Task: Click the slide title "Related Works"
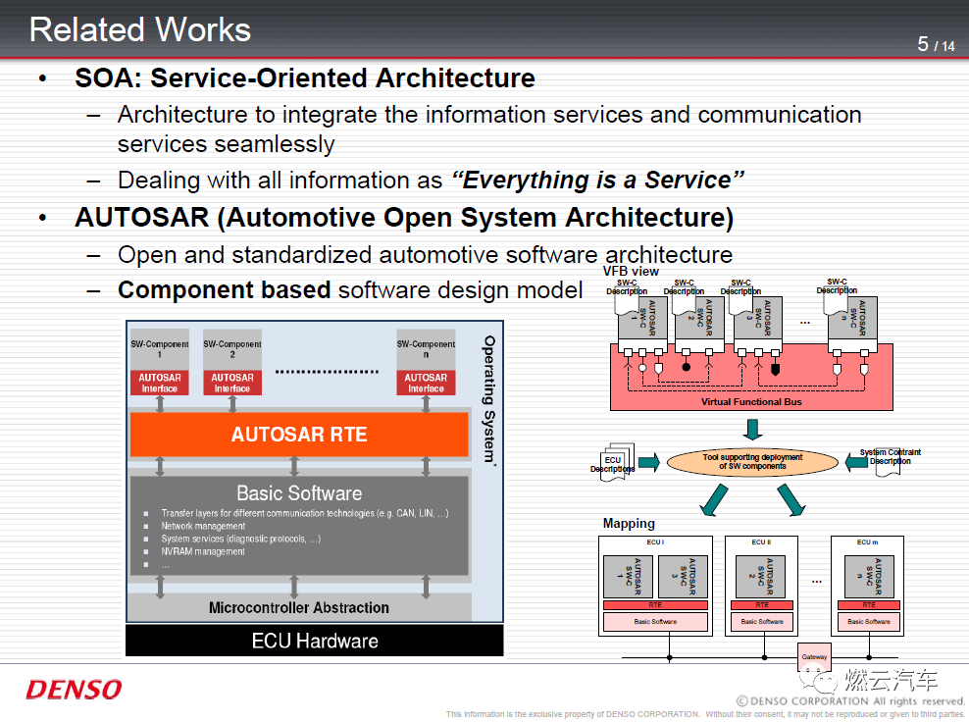pos(140,29)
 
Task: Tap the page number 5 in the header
pos(923,44)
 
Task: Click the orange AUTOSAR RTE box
pos(299,435)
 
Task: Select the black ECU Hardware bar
pos(314,642)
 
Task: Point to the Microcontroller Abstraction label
pos(299,608)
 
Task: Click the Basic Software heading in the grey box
pos(299,493)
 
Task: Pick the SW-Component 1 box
pos(159,351)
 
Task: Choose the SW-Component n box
pos(426,351)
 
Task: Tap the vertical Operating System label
pos(489,397)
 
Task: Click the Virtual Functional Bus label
pos(751,402)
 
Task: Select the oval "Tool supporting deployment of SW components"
pos(752,461)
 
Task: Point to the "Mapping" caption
pos(629,524)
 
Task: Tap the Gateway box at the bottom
pos(814,656)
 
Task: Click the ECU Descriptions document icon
pos(613,462)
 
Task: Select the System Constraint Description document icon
pos(890,460)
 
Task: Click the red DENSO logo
pos(74,690)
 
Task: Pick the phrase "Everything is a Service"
pos(597,180)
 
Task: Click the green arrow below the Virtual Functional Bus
pos(752,430)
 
